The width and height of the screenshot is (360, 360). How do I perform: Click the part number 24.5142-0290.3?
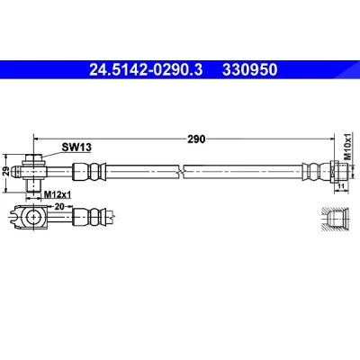(146, 70)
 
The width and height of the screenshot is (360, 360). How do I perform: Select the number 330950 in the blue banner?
(249, 70)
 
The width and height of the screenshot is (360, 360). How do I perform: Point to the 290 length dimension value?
(196, 139)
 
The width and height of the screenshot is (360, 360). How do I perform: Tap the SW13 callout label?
(76, 148)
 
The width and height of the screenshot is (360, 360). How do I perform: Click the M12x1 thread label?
(58, 195)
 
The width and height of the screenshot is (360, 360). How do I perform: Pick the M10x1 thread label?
(347, 147)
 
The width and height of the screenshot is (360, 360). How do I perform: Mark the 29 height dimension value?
(5, 172)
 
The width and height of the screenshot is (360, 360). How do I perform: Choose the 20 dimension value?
(60, 206)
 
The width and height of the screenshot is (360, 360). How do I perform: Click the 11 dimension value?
(341, 186)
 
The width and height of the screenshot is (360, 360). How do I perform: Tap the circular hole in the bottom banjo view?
(33, 217)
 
